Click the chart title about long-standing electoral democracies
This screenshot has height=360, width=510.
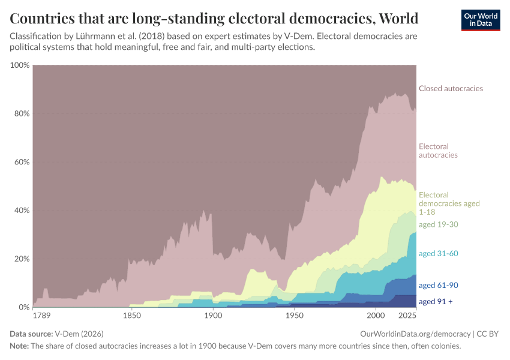[214, 17]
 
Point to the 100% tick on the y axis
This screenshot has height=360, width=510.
[20, 65]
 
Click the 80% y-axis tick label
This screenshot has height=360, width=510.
[22, 113]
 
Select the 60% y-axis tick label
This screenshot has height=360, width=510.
[22, 162]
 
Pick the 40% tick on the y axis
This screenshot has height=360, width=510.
[22, 211]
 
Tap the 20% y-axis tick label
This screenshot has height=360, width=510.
[22, 259]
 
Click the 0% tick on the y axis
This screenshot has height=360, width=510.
[24, 307]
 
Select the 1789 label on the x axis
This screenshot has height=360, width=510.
[42, 316]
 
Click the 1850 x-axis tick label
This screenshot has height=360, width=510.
[131, 316]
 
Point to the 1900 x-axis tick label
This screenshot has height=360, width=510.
[213, 316]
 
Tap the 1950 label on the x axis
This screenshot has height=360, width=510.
[294, 316]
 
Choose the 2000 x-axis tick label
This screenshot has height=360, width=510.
[376, 316]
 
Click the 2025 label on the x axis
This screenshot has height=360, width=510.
[407, 316]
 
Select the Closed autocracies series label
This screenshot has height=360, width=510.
[451, 89]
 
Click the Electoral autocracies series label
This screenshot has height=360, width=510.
[438, 151]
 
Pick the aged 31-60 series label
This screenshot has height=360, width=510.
[439, 254]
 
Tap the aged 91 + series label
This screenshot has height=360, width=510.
[436, 301]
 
